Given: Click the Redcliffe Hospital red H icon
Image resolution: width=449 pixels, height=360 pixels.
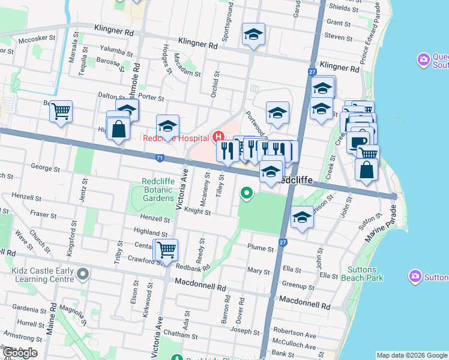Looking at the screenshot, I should pyautogui.click(x=218, y=137).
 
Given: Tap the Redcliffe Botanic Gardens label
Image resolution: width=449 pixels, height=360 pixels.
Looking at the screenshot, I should pyautogui.click(x=158, y=190).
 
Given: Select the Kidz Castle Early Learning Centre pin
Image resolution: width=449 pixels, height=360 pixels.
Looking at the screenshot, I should pyautogui.click(x=83, y=274).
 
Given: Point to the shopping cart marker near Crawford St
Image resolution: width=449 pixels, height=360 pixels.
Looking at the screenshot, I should pyautogui.click(x=166, y=250).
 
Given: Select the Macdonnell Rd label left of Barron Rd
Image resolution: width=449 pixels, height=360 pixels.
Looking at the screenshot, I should pyautogui.click(x=199, y=281).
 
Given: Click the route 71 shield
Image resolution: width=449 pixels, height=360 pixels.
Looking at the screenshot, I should pyautogui.click(x=159, y=158).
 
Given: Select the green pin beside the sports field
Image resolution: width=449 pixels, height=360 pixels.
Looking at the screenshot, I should pyautogui.click(x=246, y=193).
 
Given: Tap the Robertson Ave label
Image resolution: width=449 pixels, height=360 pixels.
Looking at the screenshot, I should pyautogui.click(x=294, y=335).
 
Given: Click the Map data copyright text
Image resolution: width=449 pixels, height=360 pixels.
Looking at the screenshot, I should pyautogui.click(x=412, y=355).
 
